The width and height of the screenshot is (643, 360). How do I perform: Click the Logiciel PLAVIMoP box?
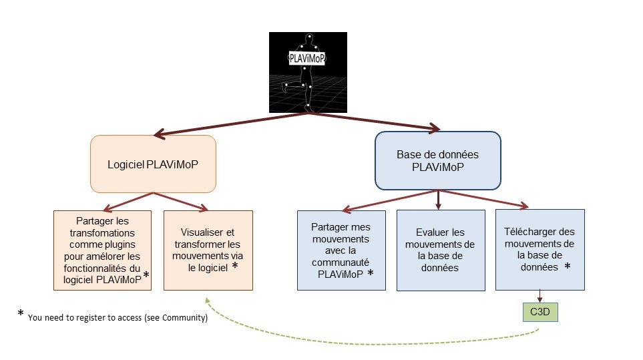153,164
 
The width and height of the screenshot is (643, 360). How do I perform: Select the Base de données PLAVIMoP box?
437,161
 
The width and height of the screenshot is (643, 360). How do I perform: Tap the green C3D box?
540,312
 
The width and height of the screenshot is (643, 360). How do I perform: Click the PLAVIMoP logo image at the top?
308,72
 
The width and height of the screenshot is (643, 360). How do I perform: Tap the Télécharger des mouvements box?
540,250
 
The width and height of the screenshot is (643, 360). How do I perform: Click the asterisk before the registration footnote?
21,314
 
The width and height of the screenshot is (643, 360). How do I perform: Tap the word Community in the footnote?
188,318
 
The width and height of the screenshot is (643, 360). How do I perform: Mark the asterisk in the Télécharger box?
568,265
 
